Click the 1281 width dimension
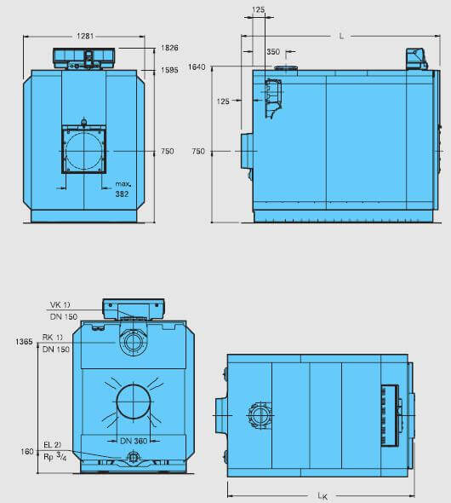click(85, 36)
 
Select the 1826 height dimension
click(169, 48)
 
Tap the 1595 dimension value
click(169, 70)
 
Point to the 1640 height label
click(197, 67)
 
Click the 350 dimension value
click(273, 52)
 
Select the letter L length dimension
click(341, 37)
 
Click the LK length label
click(323, 496)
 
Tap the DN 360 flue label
click(134, 441)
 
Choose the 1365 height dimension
click(24, 342)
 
